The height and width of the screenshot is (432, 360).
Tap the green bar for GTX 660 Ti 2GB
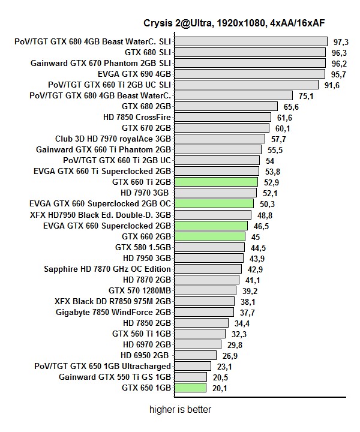(x=216, y=182)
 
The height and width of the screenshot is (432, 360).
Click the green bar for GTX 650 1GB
(x=190, y=388)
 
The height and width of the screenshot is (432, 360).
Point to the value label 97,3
(x=341, y=42)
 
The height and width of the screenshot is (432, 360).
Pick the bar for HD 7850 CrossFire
(x=223, y=117)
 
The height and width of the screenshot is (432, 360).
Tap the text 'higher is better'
(x=180, y=410)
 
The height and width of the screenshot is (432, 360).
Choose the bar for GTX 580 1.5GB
(x=209, y=247)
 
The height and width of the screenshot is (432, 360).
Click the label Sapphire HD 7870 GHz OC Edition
(x=107, y=269)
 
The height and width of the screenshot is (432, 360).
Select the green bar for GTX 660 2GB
(x=209, y=236)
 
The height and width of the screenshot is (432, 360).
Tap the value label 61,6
(x=284, y=118)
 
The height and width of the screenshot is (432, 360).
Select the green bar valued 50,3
(x=214, y=203)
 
